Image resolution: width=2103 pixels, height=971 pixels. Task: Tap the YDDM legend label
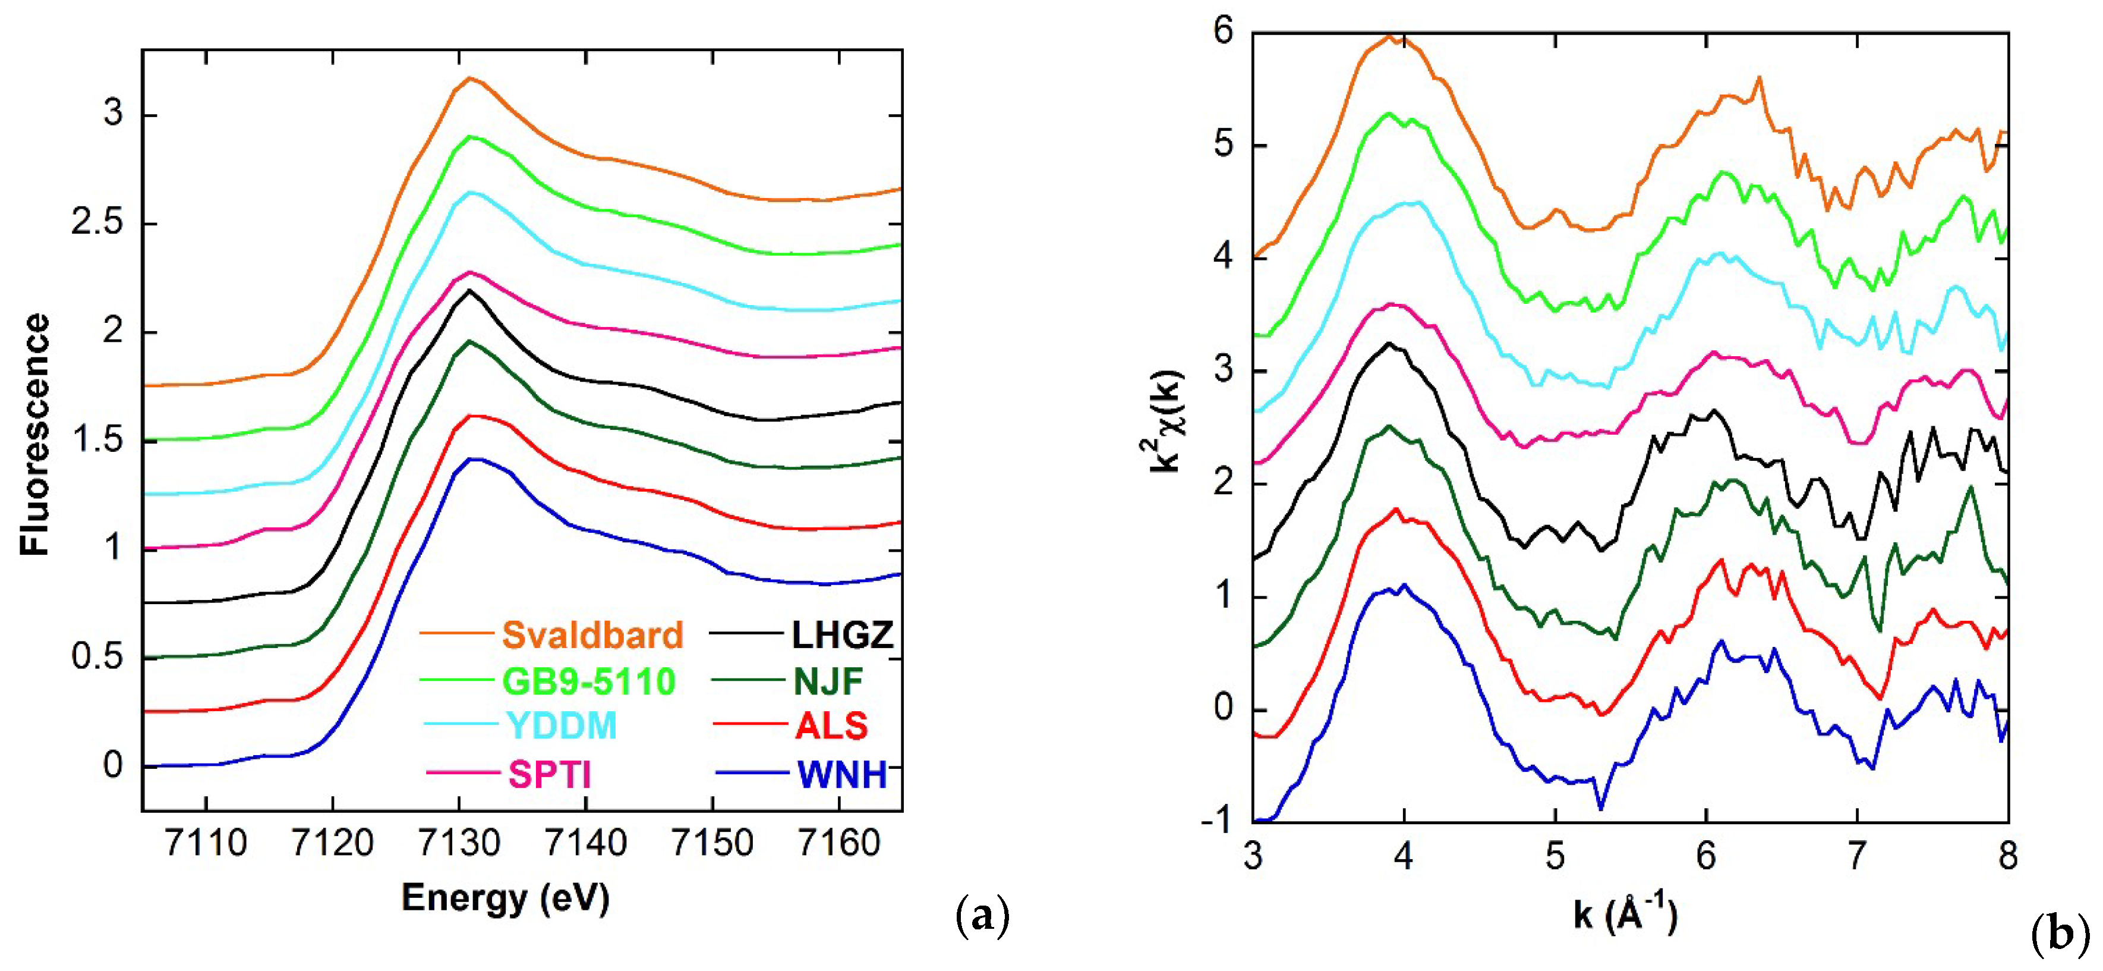click(x=562, y=726)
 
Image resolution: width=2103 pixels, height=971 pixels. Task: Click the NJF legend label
click(x=828, y=681)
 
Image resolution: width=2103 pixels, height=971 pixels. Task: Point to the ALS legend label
click(x=831, y=726)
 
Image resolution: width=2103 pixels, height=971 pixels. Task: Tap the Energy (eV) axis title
click(x=505, y=898)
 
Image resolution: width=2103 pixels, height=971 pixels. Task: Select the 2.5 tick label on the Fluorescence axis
click(x=97, y=223)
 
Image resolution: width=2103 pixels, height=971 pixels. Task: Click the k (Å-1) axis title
click(x=1625, y=914)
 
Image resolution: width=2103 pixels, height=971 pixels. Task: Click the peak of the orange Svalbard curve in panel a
click(x=469, y=78)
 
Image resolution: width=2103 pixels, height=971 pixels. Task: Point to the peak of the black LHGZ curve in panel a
click(x=469, y=290)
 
